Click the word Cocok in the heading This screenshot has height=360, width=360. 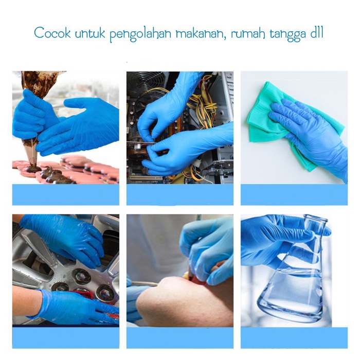52,33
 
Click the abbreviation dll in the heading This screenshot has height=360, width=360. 317,32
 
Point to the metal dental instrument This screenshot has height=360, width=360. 144,284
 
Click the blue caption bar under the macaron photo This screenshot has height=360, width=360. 66,194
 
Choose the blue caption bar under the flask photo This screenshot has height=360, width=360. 294,338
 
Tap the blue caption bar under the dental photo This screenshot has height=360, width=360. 180,338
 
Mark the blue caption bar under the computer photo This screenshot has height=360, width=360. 180,194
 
